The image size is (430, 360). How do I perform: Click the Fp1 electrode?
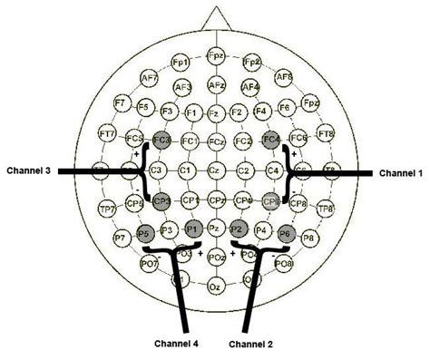[180, 62]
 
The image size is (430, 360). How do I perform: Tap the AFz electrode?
[216, 85]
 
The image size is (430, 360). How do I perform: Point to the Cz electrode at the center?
[216, 170]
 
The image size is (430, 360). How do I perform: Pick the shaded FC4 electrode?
[270, 141]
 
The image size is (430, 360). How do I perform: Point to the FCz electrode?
[216, 142]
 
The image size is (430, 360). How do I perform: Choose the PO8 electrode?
[284, 264]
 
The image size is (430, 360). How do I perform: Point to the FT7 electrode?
[107, 136]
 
